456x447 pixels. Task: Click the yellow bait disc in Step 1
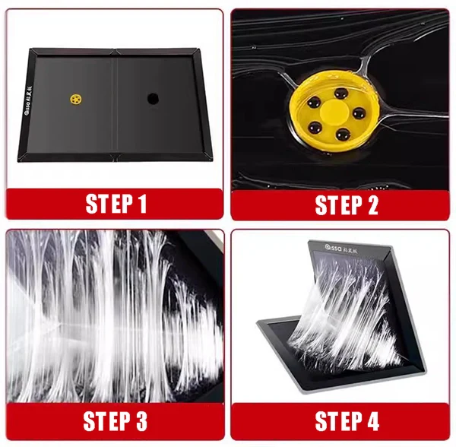tap(76, 99)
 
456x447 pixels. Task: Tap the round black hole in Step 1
tap(152, 99)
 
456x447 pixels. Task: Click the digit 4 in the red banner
tap(369, 420)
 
